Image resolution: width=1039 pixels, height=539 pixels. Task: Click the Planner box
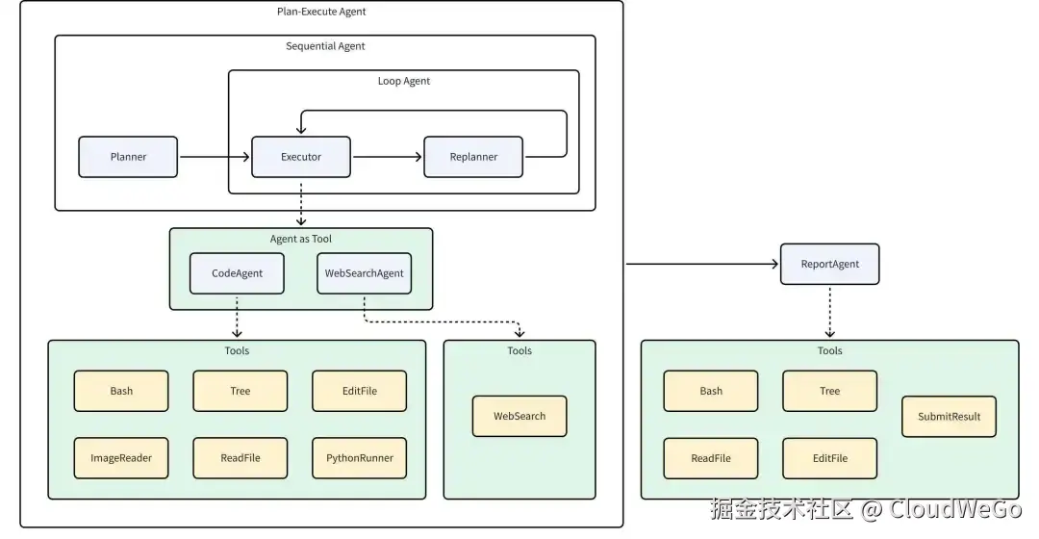point(128,157)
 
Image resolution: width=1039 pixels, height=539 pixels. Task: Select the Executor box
point(301,157)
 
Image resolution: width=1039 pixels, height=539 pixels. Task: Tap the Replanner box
point(473,157)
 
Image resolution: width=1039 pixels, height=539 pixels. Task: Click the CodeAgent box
point(237,273)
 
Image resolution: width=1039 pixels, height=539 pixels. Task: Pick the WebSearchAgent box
point(364,273)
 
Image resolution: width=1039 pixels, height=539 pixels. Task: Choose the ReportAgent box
point(829,264)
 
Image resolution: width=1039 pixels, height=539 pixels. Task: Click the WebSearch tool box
point(519,416)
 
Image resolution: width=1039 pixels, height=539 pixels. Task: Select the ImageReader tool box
point(121,458)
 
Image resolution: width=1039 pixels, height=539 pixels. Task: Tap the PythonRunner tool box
point(359,458)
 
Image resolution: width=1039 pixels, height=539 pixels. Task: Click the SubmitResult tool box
point(949,416)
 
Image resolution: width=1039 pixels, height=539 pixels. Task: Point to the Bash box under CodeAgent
point(121,391)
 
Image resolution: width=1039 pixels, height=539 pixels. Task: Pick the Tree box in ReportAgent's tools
point(829,391)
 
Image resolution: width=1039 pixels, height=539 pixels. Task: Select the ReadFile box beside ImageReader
point(240,458)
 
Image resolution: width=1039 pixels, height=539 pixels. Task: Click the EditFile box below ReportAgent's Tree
point(829,458)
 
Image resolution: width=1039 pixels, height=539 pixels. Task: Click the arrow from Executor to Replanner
point(387,157)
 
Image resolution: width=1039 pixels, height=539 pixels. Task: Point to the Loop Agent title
point(404,81)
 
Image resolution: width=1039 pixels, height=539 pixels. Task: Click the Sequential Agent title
point(325,46)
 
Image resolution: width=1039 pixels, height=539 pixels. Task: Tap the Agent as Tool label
point(301,239)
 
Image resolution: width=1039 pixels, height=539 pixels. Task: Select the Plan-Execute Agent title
point(321,12)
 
